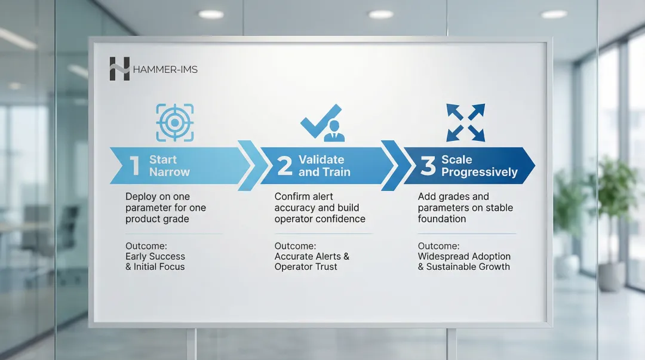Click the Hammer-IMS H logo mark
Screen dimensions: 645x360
pos(119,69)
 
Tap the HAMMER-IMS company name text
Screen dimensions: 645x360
pos(165,69)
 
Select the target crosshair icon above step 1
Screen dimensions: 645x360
pos(175,122)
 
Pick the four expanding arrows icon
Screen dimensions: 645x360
pos(466,122)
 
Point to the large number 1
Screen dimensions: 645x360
pos(134,166)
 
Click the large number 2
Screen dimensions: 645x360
pos(285,166)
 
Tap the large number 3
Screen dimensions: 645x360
pos(428,166)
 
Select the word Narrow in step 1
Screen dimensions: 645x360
pos(170,172)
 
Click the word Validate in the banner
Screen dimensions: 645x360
pos(321,159)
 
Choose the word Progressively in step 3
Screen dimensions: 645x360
pos(479,173)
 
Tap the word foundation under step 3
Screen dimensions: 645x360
pos(442,219)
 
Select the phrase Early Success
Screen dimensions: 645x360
pos(155,256)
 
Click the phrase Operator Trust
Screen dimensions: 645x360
pos(306,267)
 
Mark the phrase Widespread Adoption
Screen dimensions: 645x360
pos(464,256)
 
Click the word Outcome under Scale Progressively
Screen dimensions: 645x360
pos(438,246)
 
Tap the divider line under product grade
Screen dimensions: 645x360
pos(174,233)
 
